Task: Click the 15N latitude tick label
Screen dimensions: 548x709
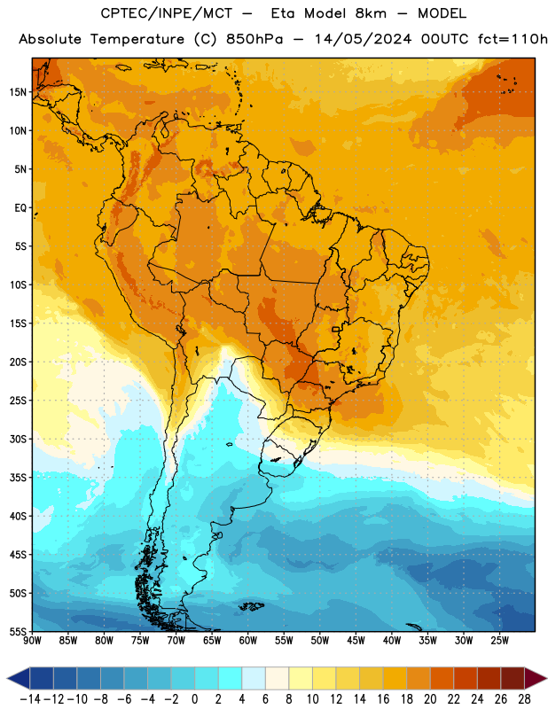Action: tap(18, 92)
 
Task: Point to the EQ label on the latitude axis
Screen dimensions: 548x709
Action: tap(20, 208)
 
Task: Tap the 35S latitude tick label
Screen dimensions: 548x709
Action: tap(18, 478)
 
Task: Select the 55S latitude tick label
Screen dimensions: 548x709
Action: tap(18, 631)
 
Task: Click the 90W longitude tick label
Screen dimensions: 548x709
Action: tap(32, 641)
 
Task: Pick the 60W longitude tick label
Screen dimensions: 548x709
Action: tap(248, 641)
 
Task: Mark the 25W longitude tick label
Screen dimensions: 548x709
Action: tap(499, 641)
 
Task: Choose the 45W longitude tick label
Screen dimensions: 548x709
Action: tap(356, 641)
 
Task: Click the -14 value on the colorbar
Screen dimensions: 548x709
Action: tap(30, 699)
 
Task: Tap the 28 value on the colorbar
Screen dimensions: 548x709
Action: tap(524, 699)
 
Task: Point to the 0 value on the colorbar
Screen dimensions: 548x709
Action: tap(194, 699)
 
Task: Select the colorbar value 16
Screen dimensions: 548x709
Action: tap(383, 699)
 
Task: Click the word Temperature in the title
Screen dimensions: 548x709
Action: tap(137, 39)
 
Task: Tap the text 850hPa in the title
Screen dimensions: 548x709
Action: tap(254, 39)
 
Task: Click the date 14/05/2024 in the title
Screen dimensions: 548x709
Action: tap(364, 39)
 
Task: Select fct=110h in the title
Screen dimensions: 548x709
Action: tap(513, 39)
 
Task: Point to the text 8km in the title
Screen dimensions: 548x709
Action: tap(371, 13)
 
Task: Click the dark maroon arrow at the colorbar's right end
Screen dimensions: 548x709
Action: tap(536, 679)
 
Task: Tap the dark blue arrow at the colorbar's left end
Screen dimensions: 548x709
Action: tap(19, 679)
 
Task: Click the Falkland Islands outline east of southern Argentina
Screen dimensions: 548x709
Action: tap(251, 605)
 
